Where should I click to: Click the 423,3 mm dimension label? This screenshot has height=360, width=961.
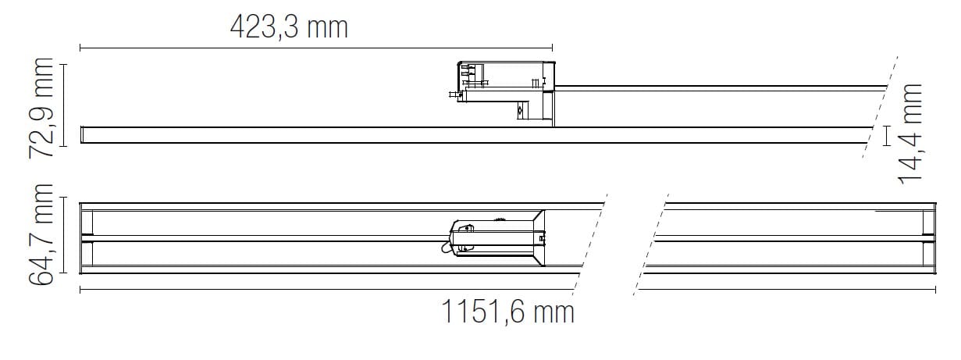coord(288,27)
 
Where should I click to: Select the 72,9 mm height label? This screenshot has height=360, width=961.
coord(45,107)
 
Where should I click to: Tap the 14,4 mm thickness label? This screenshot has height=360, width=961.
coord(909,134)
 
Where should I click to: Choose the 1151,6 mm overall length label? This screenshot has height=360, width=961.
coord(508,312)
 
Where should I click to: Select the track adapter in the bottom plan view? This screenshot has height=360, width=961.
coord(496,236)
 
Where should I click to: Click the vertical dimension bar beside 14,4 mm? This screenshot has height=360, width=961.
coord(887,135)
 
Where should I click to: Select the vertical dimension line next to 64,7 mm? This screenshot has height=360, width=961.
coord(64,238)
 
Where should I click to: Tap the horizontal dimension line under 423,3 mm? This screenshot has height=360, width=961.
coord(316,48)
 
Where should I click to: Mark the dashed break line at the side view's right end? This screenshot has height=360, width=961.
coord(881,109)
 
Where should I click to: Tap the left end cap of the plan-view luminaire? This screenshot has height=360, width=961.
coord(87,238)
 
